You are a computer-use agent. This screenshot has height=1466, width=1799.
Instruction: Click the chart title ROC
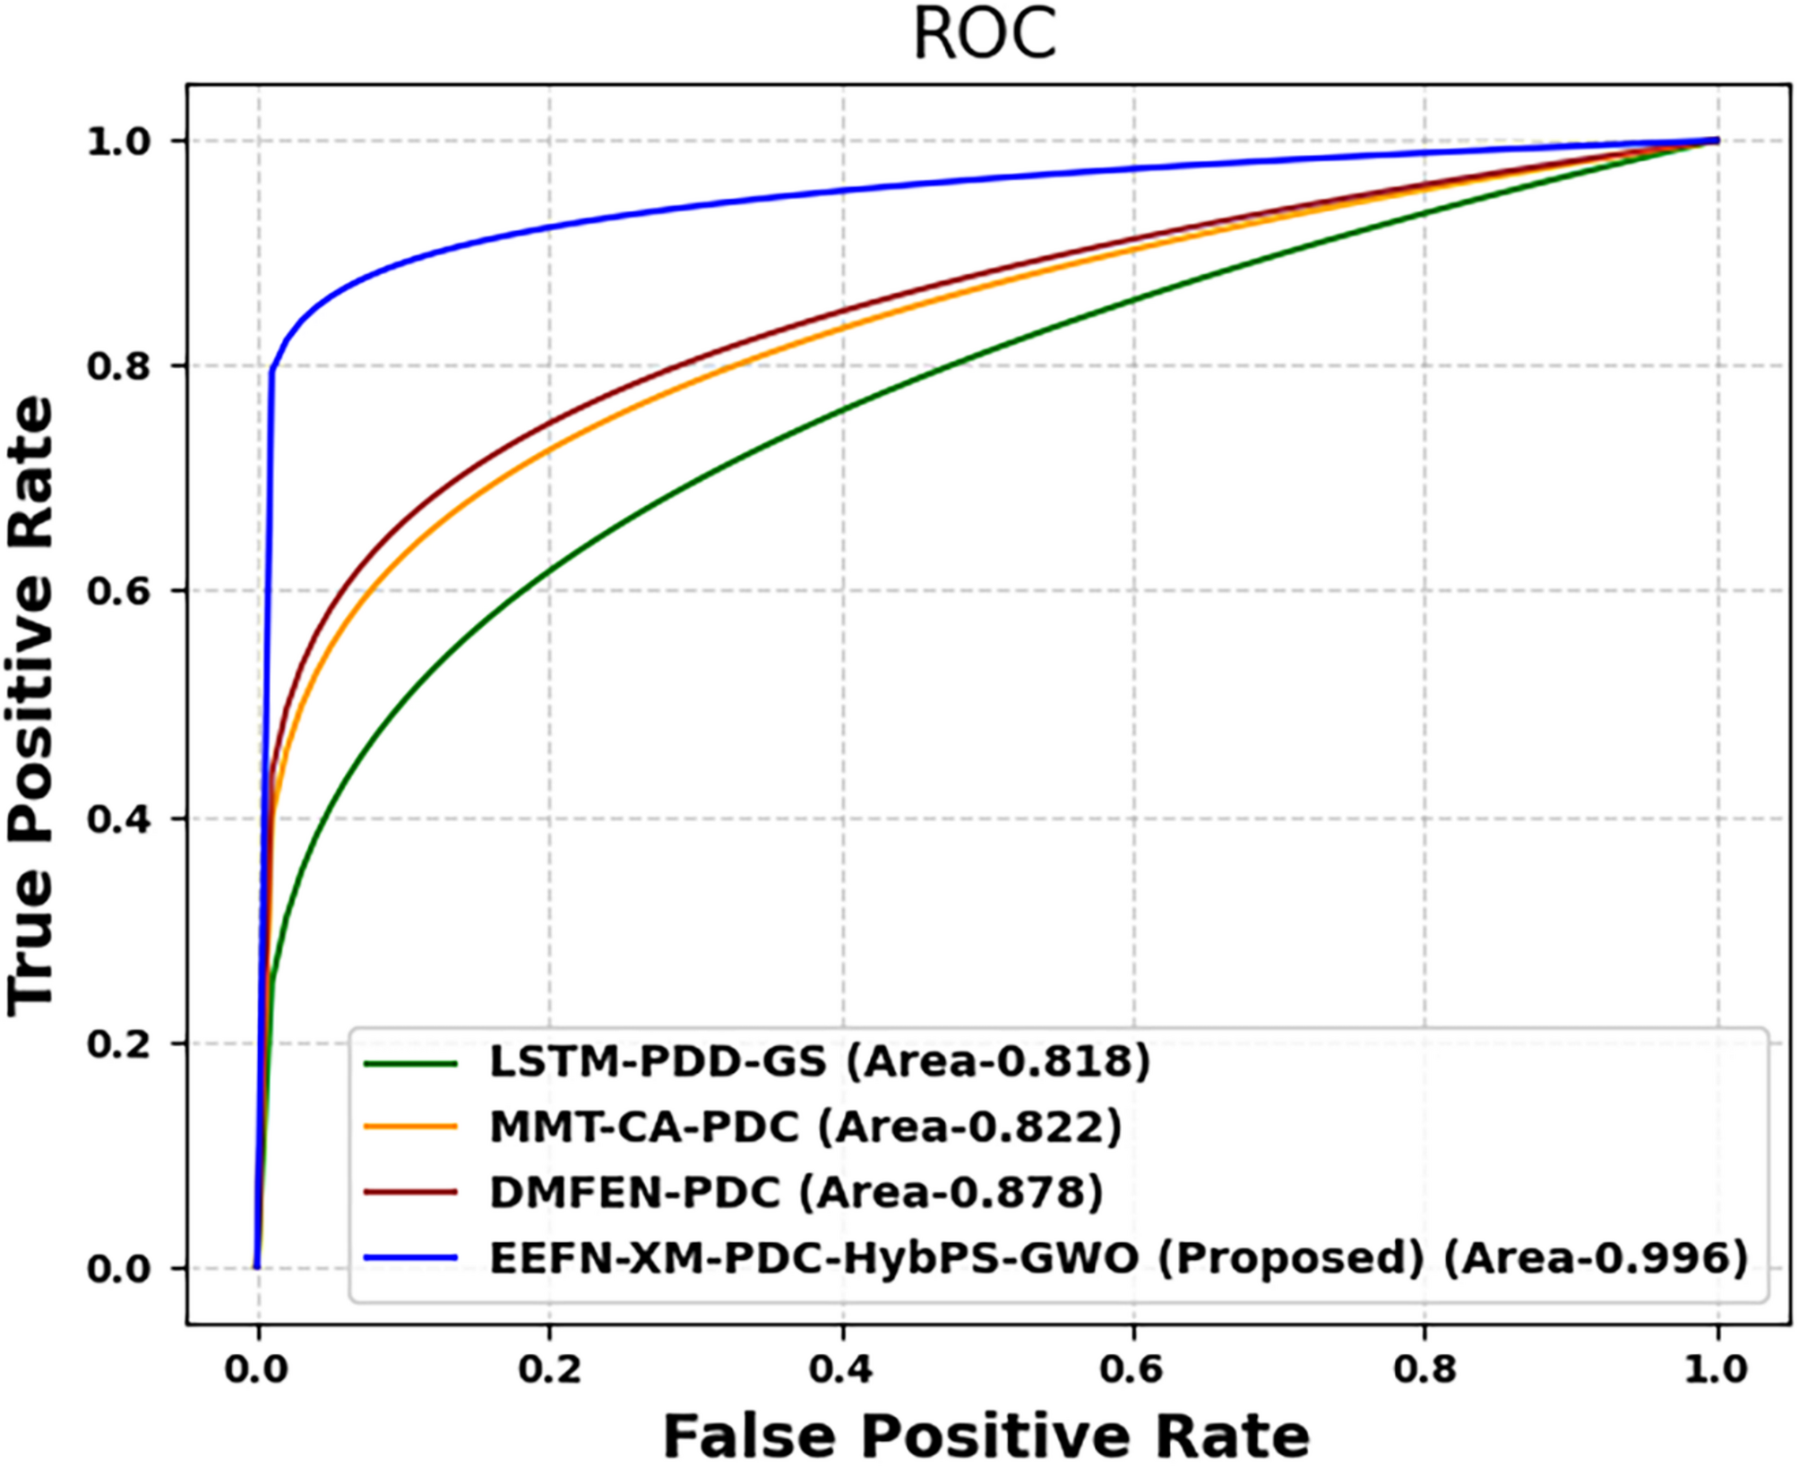(x=984, y=36)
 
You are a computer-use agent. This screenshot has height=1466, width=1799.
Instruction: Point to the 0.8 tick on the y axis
(x=119, y=366)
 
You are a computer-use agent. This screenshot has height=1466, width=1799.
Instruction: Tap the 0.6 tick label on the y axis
(x=119, y=591)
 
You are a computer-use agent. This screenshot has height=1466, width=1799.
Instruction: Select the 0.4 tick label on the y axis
(x=119, y=819)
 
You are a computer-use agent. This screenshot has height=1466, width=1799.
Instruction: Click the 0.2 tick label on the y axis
(x=119, y=1043)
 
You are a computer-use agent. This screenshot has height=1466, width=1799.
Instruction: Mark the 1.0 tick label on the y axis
(x=119, y=141)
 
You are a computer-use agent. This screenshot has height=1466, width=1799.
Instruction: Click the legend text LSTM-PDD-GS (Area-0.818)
(x=819, y=1062)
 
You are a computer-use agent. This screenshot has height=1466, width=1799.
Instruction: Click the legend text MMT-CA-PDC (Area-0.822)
(x=805, y=1127)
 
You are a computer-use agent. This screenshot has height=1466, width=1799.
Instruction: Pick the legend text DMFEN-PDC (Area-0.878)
(x=796, y=1192)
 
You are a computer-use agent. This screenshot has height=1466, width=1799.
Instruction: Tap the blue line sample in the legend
(x=410, y=1257)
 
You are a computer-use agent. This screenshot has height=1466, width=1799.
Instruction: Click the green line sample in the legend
(x=410, y=1063)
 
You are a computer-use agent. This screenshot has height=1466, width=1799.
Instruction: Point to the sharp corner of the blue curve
(x=271, y=369)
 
